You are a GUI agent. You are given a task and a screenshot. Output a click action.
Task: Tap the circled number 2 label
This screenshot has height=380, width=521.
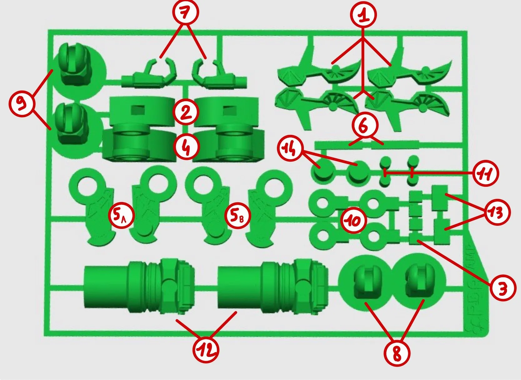pos(186,112)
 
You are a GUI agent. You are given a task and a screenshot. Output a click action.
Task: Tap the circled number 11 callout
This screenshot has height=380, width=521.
pos(485,173)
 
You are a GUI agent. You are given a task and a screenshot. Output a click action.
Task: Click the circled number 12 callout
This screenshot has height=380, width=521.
pos(205,349)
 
